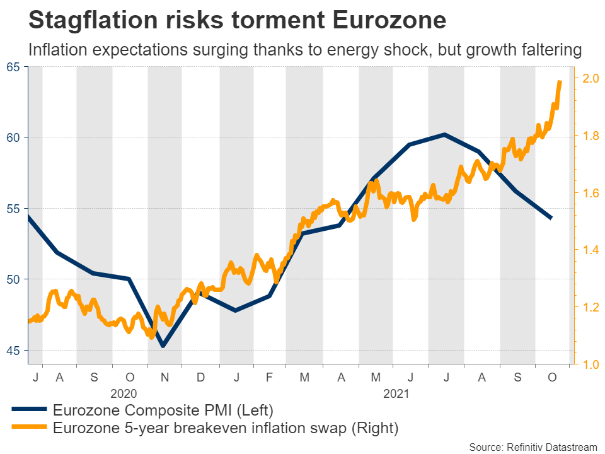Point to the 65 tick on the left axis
point(13,67)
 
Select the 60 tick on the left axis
point(13,137)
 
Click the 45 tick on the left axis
point(13,351)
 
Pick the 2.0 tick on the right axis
point(591,79)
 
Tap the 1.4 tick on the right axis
point(591,250)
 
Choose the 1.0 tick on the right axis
point(591,364)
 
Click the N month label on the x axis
point(165,377)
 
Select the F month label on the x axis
point(270,377)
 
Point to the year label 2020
point(124,394)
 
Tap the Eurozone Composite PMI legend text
point(163,410)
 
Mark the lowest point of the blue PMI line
point(163,346)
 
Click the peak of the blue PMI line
point(444,134)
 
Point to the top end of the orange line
point(560,81)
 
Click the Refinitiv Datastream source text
point(533,447)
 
